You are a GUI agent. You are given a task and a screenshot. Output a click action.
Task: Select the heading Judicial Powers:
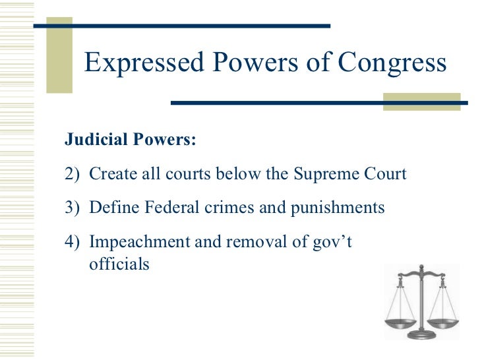pos(130,140)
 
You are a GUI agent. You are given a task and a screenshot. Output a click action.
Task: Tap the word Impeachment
pos(138,242)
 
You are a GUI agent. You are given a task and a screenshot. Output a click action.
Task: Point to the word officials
pos(119,264)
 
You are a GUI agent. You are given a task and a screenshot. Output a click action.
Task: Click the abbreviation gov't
pos(332,242)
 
